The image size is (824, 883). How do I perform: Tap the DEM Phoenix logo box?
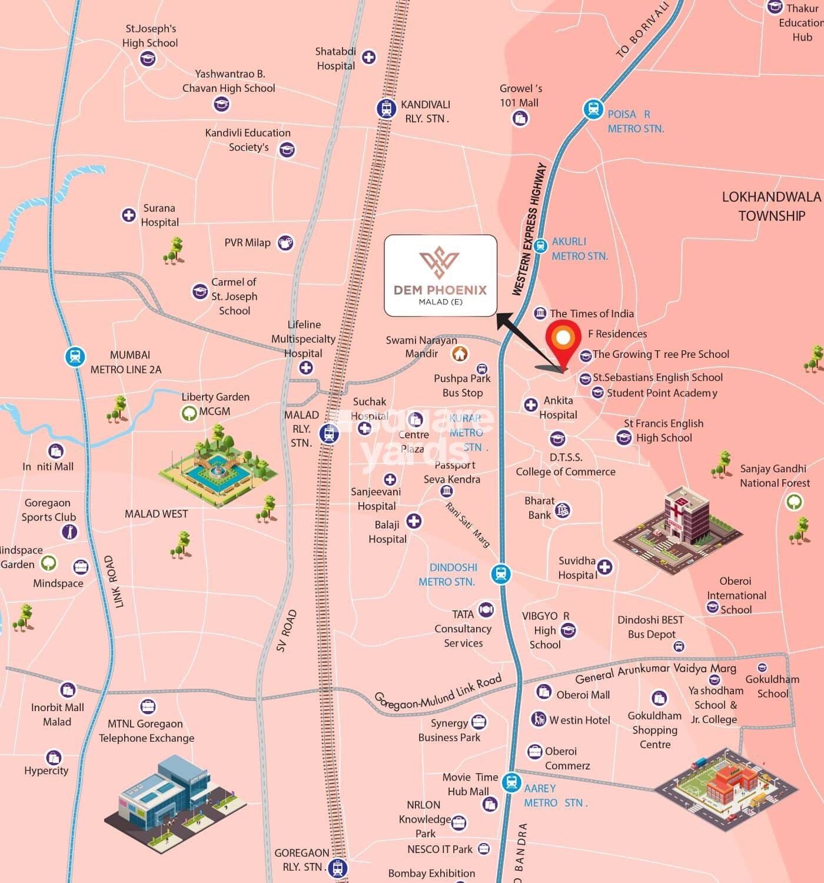pyautogui.click(x=440, y=275)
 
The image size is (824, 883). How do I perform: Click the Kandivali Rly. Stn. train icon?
pyautogui.click(x=386, y=109)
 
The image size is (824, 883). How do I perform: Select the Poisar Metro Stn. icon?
pyautogui.click(x=593, y=109)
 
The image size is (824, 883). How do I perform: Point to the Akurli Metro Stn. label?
pyautogui.click(x=579, y=248)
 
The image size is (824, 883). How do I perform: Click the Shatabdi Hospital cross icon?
pyautogui.click(x=368, y=57)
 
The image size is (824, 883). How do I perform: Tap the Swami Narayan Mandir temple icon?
pyautogui.click(x=460, y=353)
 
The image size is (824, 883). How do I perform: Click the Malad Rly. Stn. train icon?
pyautogui.click(x=329, y=434)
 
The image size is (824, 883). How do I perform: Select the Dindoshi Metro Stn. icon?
pyautogui.click(x=501, y=573)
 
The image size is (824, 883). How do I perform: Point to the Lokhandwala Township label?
pyautogui.click(x=771, y=206)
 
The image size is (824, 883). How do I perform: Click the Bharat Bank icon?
pyautogui.click(x=563, y=510)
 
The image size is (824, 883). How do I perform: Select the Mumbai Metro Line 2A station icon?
pyautogui.click(x=75, y=357)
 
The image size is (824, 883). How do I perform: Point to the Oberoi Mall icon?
pyautogui.click(x=543, y=691)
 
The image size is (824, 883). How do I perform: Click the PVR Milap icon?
pyautogui.click(x=285, y=242)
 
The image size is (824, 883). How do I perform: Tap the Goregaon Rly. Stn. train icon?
pyautogui.click(x=337, y=867)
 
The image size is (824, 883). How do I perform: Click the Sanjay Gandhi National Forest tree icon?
pyautogui.click(x=793, y=502)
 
